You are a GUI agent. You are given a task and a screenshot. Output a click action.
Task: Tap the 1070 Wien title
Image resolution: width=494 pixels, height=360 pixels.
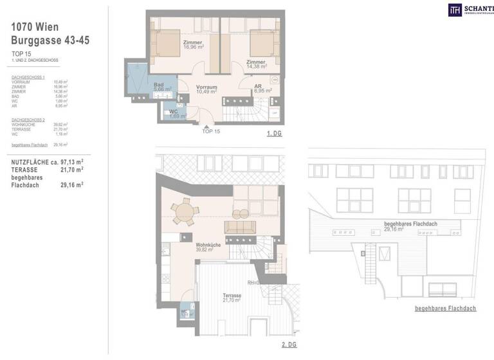pos(36,27)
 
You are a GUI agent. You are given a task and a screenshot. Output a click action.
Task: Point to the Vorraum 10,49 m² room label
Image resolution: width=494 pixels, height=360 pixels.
pos(206,89)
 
